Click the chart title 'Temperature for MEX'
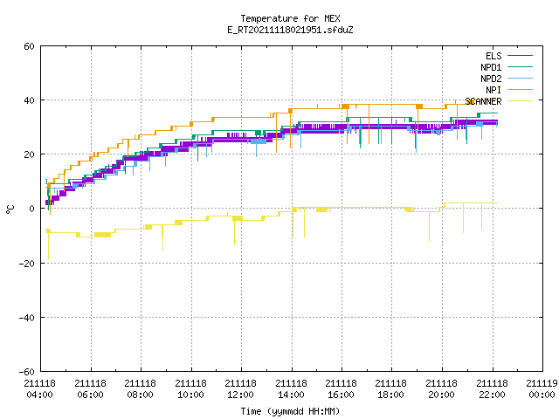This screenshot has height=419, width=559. [x=290, y=18]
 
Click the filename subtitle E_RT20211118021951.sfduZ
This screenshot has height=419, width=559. [x=290, y=30]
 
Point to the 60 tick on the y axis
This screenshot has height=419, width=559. [x=29, y=46]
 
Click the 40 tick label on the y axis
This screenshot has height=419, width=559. [x=29, y=100]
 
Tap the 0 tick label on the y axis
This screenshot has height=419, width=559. [x=32, y=209]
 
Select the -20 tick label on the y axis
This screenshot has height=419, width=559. [x=27, y=264]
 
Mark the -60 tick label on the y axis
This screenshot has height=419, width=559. [x=27, y=372]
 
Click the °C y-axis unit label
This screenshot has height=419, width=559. [x=10, y=209]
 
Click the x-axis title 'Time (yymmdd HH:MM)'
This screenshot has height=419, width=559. [x=290, y=411]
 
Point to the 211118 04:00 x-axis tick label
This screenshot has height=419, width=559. [x=40, y=389]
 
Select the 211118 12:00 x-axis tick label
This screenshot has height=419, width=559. [x=241, y=389]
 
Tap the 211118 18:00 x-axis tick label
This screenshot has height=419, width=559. [x=391, y=389]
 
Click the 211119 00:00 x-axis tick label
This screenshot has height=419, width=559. [x=542, y=389]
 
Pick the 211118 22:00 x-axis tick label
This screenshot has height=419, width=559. [x=492, y=389]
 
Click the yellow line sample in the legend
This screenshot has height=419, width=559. [x=521, y=101]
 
